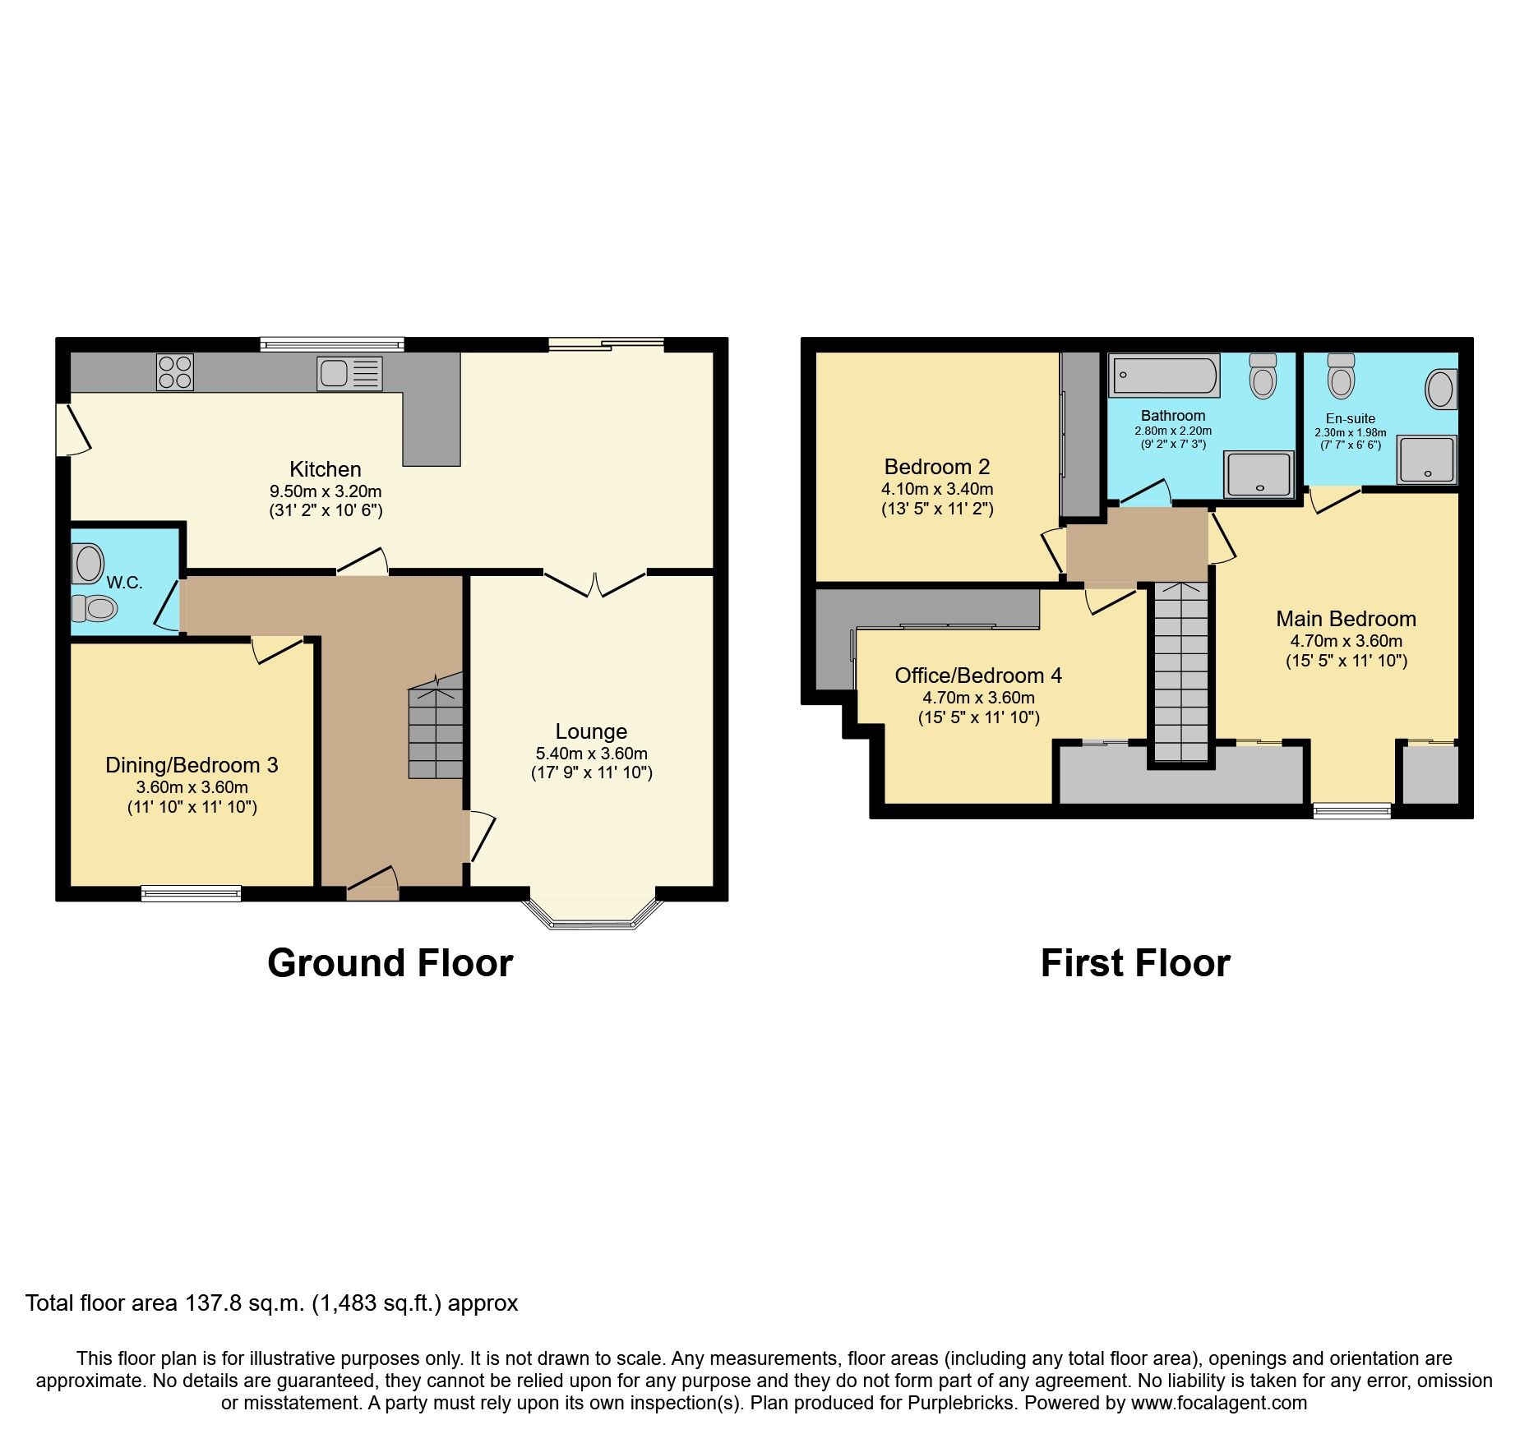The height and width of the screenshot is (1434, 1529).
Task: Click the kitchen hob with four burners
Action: pos(174,371)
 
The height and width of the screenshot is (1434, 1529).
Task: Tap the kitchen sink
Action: pos(349,373)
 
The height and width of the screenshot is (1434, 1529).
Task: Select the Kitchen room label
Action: pos(325,469)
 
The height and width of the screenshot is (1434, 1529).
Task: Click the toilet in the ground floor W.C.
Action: pos(95,608)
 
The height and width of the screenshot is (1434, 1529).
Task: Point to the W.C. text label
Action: pos(125,583)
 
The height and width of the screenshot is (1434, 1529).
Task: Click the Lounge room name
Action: pos(591,731)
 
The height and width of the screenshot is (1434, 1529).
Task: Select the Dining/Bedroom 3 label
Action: pos(192,765)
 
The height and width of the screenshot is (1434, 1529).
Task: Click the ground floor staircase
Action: pos(436,727)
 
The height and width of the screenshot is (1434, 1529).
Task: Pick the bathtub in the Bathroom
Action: pos(1163,376)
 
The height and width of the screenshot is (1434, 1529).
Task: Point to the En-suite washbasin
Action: pos(1440,389)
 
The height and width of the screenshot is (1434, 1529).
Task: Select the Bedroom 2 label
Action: pos(937,467)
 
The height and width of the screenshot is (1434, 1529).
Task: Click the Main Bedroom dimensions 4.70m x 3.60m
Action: pos(1346,641)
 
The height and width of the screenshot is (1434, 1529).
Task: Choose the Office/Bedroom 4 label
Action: pos(978,676)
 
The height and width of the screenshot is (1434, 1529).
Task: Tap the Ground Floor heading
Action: pos(390,963)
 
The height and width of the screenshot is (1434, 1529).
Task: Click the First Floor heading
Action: pos(1135,963)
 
